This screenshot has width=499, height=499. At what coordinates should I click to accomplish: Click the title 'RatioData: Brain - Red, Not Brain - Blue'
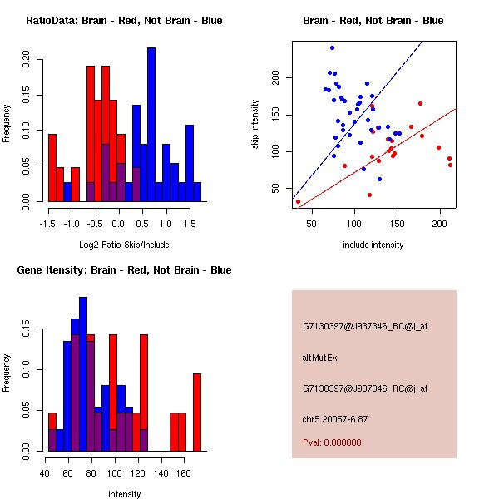(x=124, y=20)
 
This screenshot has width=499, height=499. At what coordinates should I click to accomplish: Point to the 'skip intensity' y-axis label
(x=255, y=125)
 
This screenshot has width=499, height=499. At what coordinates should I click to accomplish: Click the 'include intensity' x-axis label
(x=373, y=245)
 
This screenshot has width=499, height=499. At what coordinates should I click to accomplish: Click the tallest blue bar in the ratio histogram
(x=151, y=125)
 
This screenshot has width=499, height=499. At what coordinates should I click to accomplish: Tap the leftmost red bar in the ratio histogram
(x=52, y=167)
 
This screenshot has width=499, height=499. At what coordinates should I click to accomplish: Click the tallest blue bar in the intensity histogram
(x=83, y=374)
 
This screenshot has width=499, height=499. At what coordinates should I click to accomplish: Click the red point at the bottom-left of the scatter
(x=298, y=201)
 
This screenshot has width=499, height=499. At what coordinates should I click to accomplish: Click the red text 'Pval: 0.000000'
(x=332, y=442)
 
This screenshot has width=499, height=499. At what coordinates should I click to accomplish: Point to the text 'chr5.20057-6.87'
(x=334, y=418)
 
